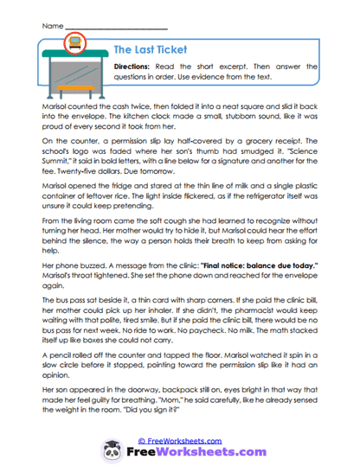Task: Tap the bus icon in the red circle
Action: coord(75,40)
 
